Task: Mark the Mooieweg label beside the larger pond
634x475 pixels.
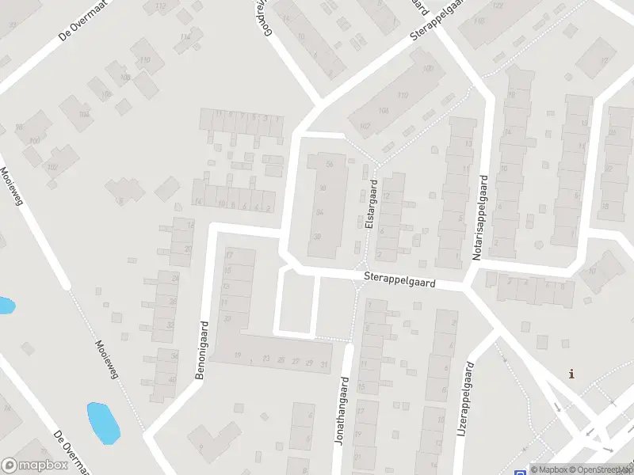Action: click(105, 360)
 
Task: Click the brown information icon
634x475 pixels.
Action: click(572, 374)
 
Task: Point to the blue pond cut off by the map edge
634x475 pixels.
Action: click(5, 305)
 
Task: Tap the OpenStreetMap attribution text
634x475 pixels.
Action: click(602, 469)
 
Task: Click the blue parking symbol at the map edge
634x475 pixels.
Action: click(520, 470)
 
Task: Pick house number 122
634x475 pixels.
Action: click(497, 6)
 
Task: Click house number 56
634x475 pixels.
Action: click(329, 164)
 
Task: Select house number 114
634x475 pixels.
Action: click(185, 36)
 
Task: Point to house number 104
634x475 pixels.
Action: click(83, 114)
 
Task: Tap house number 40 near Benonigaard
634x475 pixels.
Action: click(173, 378)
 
